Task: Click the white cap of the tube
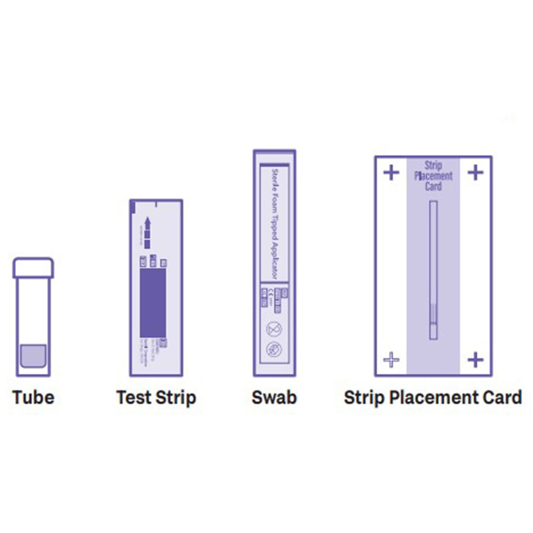coord(33,268)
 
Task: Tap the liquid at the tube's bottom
coord(33,356)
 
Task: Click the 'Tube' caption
coord(33,398)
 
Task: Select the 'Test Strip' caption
coord(156,398)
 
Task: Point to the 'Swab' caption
coord(274,398)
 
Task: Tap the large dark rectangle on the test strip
coord(153,303)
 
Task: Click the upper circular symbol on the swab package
coord(274,329)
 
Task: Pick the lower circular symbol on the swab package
coord(274,349)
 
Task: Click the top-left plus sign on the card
coord(391,173)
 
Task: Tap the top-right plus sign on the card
coord(476,173)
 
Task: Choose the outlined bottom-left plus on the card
coord(391,360)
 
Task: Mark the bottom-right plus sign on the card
coord(476,360)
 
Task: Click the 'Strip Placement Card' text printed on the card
coord(433,176)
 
